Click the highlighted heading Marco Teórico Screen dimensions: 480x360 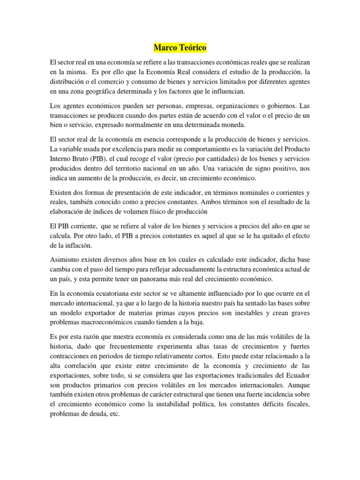pos(180,48)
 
